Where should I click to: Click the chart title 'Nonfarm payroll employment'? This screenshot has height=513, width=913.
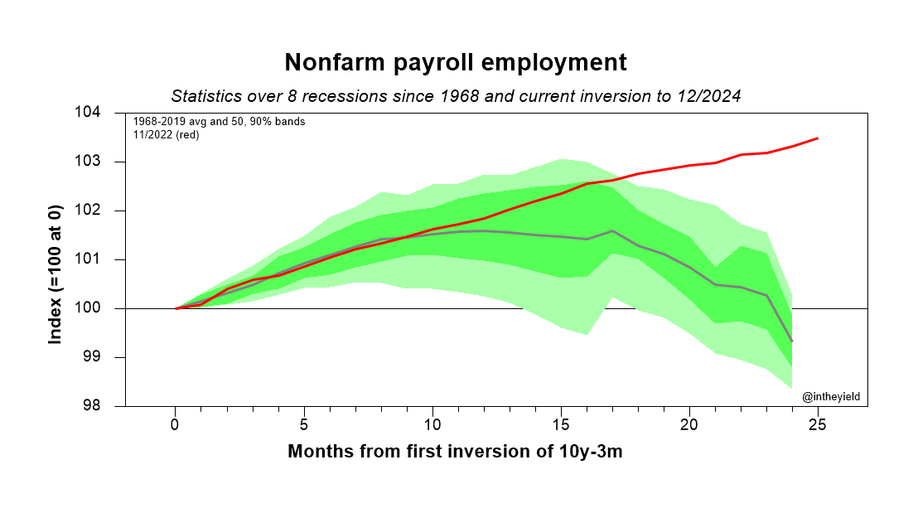point(456,63)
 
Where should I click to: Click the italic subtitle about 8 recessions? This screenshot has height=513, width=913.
point(456,95)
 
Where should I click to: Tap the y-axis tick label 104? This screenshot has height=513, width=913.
point(110,113)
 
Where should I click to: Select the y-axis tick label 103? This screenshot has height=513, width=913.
point(110,162)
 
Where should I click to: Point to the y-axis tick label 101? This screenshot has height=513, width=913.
point(110,259)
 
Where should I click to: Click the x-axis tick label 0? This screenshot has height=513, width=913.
point(176,424)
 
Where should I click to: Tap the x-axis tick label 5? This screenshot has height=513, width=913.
point(304,424)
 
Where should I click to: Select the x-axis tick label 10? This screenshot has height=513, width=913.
point(432,424)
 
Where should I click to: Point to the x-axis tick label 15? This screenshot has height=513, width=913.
point(561,424)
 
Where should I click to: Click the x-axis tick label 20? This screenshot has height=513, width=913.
point(689,424)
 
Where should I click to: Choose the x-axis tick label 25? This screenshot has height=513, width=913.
point(818,424)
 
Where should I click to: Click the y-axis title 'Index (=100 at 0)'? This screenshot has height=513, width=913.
point(56,259)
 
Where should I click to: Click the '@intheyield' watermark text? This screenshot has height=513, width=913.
point(831,397)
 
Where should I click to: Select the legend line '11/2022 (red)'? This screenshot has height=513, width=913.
point(166,134)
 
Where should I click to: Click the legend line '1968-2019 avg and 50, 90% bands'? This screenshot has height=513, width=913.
point(219,122)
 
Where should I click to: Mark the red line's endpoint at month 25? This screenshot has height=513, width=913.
point(818,138)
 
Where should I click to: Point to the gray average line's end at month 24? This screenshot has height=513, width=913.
point(792,341)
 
